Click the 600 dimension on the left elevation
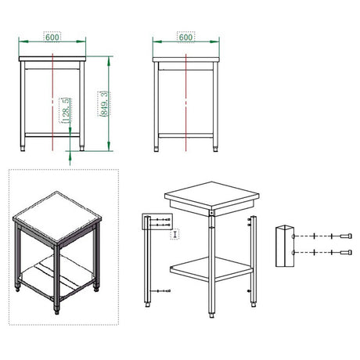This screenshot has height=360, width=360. pyautogui.click(x=52, y=37)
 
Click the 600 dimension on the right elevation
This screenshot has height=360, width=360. pyautogui.click(x=185, y=37)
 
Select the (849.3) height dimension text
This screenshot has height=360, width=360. pyautogui.click(x=104, y=103)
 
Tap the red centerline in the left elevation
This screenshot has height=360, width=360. pyautogui.click(x=52, y=102)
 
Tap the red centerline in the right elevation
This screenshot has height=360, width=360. pyautogui.click(x=185, y=103)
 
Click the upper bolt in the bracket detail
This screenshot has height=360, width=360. pyautogui.click(x=346, y=236)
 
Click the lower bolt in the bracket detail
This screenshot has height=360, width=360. pyautogui.click(x=346, y=252)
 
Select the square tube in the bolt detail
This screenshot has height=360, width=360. pyautogui.click(x=285, y=246)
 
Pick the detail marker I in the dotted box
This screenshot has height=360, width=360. pyautogui.click(x=175, y=234)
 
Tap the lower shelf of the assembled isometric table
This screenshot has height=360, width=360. pyautogui.click(x=56, y=276)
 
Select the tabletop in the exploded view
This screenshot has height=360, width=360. pyautogui.click(x=211, y=198)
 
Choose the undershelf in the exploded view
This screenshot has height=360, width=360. pyautogui.click(x=211, y=268)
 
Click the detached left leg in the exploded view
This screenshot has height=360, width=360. pyautogui.click(x=148, y=261)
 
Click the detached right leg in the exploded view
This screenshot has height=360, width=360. pyautogui.click(x=254, y=261)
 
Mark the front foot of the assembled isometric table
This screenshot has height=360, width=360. pyautogui.click(x=56, y=311)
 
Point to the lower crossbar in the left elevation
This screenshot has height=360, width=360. pyautogui.click(x=52, y=135)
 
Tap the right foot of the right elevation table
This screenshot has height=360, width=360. pyautogui.click(x=215, y=149)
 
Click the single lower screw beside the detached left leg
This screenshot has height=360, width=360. pyautogui.click(x=164, y=291)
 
